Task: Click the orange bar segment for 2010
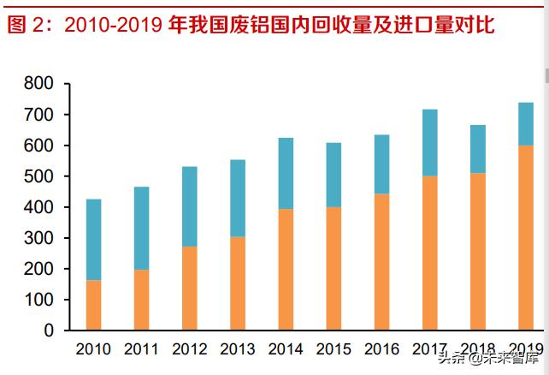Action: tap(93, 305)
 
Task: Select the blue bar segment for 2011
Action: tap(141, 229)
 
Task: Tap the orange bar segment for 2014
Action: tap(286, 269)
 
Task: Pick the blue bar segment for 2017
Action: tap(430, 143)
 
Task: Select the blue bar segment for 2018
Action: tap(478, 149)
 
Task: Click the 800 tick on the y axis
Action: tap(39, 84)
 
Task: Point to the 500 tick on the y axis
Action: tap(39, 176)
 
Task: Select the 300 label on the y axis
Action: tap(39, 238)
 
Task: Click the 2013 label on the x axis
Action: tap(237, 349)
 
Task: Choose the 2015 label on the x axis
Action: tap(334, 349)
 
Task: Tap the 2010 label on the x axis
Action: tap(93, 349)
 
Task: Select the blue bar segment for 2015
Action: tap(334, 175)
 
